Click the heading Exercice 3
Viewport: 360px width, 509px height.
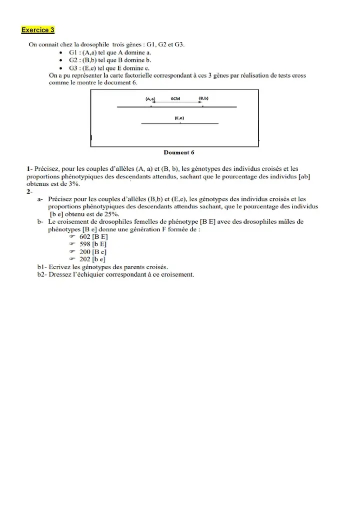(x=37, y=30)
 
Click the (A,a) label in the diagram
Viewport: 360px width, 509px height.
(x=150, y=99)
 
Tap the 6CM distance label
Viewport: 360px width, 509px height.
(x=175, y=99)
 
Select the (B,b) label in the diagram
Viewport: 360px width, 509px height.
(x=203, y=98)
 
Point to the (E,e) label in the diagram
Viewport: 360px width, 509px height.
(x=179, y=117)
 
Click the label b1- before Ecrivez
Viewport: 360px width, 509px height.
(x=42, y=267)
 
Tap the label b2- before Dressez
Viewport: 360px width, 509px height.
(x=42, y=274)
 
